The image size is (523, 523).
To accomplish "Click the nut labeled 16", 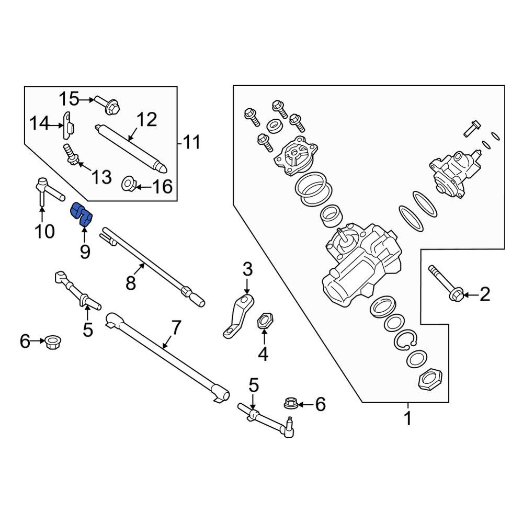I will [129, 184].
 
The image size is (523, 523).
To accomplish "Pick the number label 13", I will [102, 177].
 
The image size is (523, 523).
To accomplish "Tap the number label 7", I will [176, 328].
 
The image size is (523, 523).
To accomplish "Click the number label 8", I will [131, 283].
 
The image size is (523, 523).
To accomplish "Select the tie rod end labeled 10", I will [44, 190].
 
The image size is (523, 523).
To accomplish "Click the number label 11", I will [192, 142].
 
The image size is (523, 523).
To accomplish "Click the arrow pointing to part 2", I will [469, 295].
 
